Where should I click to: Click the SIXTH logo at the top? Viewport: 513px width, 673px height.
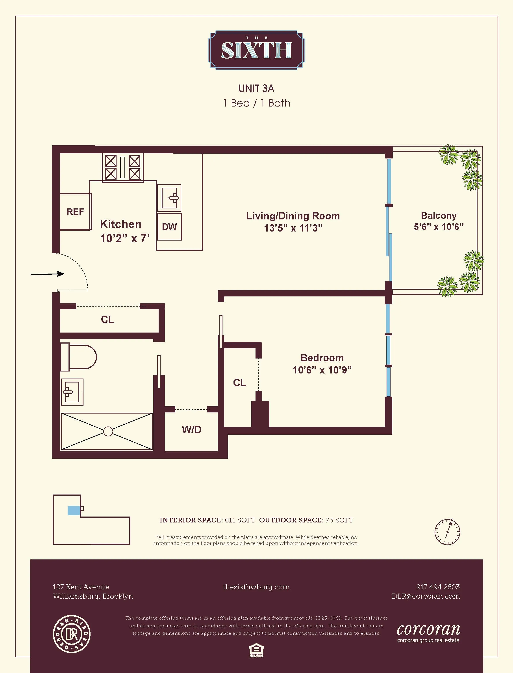coord(256,50)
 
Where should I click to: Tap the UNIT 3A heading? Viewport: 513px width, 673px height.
coord(256,88)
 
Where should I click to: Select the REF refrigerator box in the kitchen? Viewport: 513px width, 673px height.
coord(75,211)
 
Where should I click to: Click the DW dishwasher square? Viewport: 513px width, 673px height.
coord(169,227)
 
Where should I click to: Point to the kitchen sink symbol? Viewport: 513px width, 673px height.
coord(169,198)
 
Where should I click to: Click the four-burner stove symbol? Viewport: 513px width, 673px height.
coord(122,167)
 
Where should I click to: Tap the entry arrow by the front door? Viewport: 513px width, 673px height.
coord(47,274)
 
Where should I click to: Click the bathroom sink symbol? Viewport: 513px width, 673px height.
coord(72,392)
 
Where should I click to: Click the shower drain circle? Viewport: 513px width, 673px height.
coord(108,431)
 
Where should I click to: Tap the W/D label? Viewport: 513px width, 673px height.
coord(191,430)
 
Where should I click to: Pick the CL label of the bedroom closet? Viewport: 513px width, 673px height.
coord(239,382)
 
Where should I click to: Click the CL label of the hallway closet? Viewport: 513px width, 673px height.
coord(107,319)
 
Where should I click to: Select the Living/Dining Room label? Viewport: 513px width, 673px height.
coord(293,216)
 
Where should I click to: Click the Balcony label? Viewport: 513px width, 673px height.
coord(439,215)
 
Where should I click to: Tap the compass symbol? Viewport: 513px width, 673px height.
coord(447,531)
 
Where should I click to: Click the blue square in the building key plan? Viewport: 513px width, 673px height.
coord(74,510)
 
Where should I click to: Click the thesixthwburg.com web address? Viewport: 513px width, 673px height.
coord(256,587)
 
